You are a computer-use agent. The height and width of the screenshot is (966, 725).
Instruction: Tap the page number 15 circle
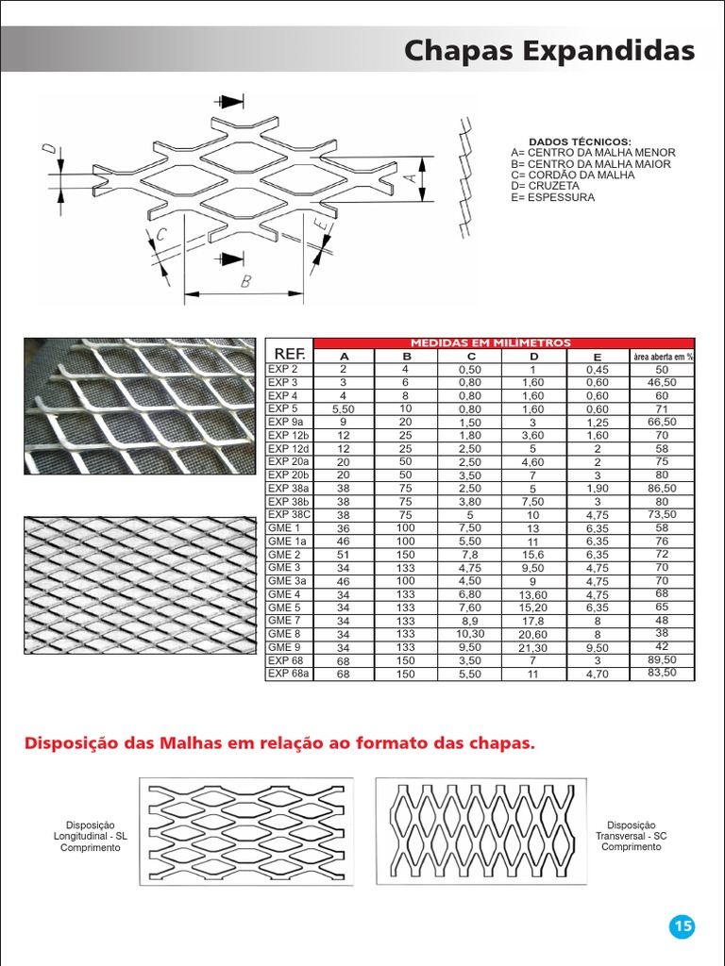682,926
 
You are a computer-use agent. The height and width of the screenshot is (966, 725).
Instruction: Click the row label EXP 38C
287,514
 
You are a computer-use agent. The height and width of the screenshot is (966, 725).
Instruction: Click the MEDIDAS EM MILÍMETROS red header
504,342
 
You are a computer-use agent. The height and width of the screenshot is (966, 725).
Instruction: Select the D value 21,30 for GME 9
532,648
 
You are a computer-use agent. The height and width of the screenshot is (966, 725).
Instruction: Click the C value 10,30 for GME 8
470,635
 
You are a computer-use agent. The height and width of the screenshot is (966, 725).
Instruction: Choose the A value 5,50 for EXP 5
344,408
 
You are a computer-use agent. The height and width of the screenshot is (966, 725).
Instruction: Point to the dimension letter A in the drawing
409,176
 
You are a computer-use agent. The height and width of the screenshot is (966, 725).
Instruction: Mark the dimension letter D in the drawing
49,150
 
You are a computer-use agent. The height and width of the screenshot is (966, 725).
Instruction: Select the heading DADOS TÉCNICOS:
579,142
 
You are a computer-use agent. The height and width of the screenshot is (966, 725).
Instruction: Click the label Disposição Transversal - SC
631,836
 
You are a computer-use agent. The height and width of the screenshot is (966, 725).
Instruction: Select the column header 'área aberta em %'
662,357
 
